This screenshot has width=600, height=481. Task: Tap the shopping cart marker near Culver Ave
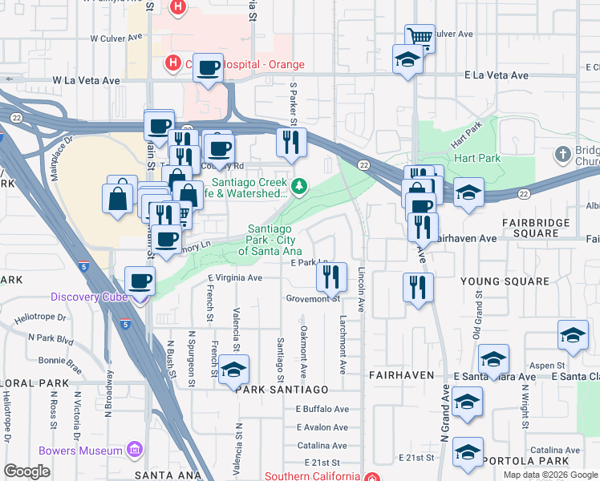point(420,37)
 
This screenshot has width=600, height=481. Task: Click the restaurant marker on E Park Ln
point(331,277)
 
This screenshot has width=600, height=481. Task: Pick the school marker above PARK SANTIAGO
point(233,370)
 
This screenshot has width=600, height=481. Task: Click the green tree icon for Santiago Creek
point(299,187)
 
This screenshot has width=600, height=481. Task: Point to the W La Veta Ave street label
point(86,81)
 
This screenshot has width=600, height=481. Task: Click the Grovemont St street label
point(314,299)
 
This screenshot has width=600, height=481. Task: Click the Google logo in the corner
point(26,471)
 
